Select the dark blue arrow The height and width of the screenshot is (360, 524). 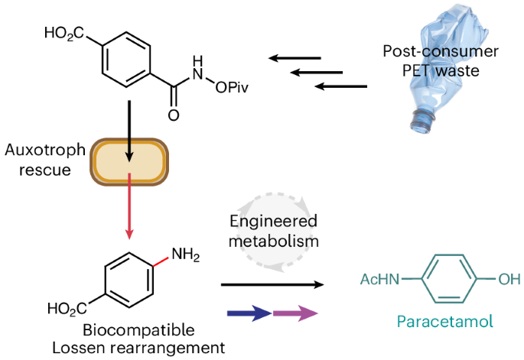(249, 314)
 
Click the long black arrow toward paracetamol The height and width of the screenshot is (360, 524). (271, 284)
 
